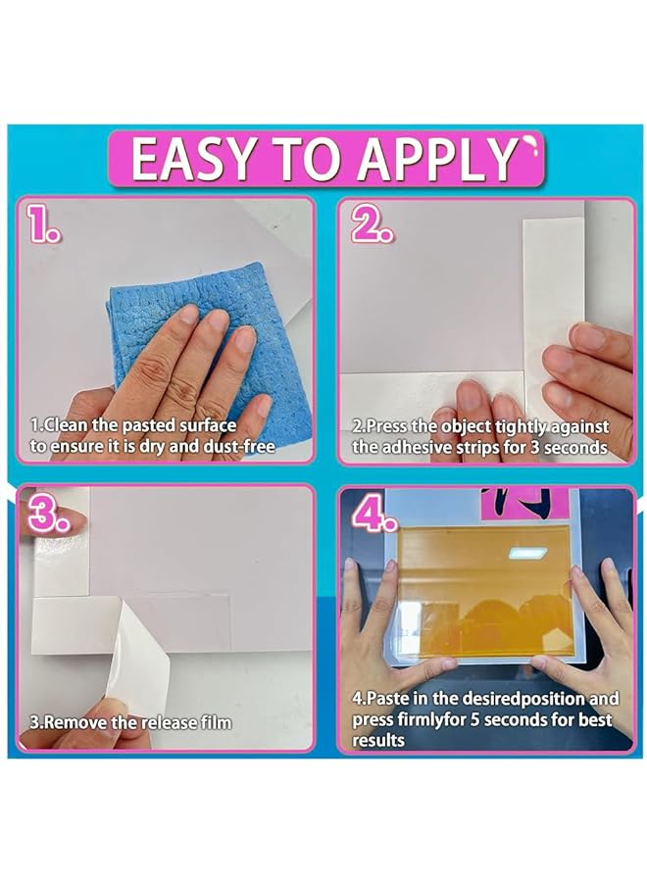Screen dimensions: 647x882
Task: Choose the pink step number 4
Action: (373, 514)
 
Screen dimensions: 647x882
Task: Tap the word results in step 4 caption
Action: (378, 740)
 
